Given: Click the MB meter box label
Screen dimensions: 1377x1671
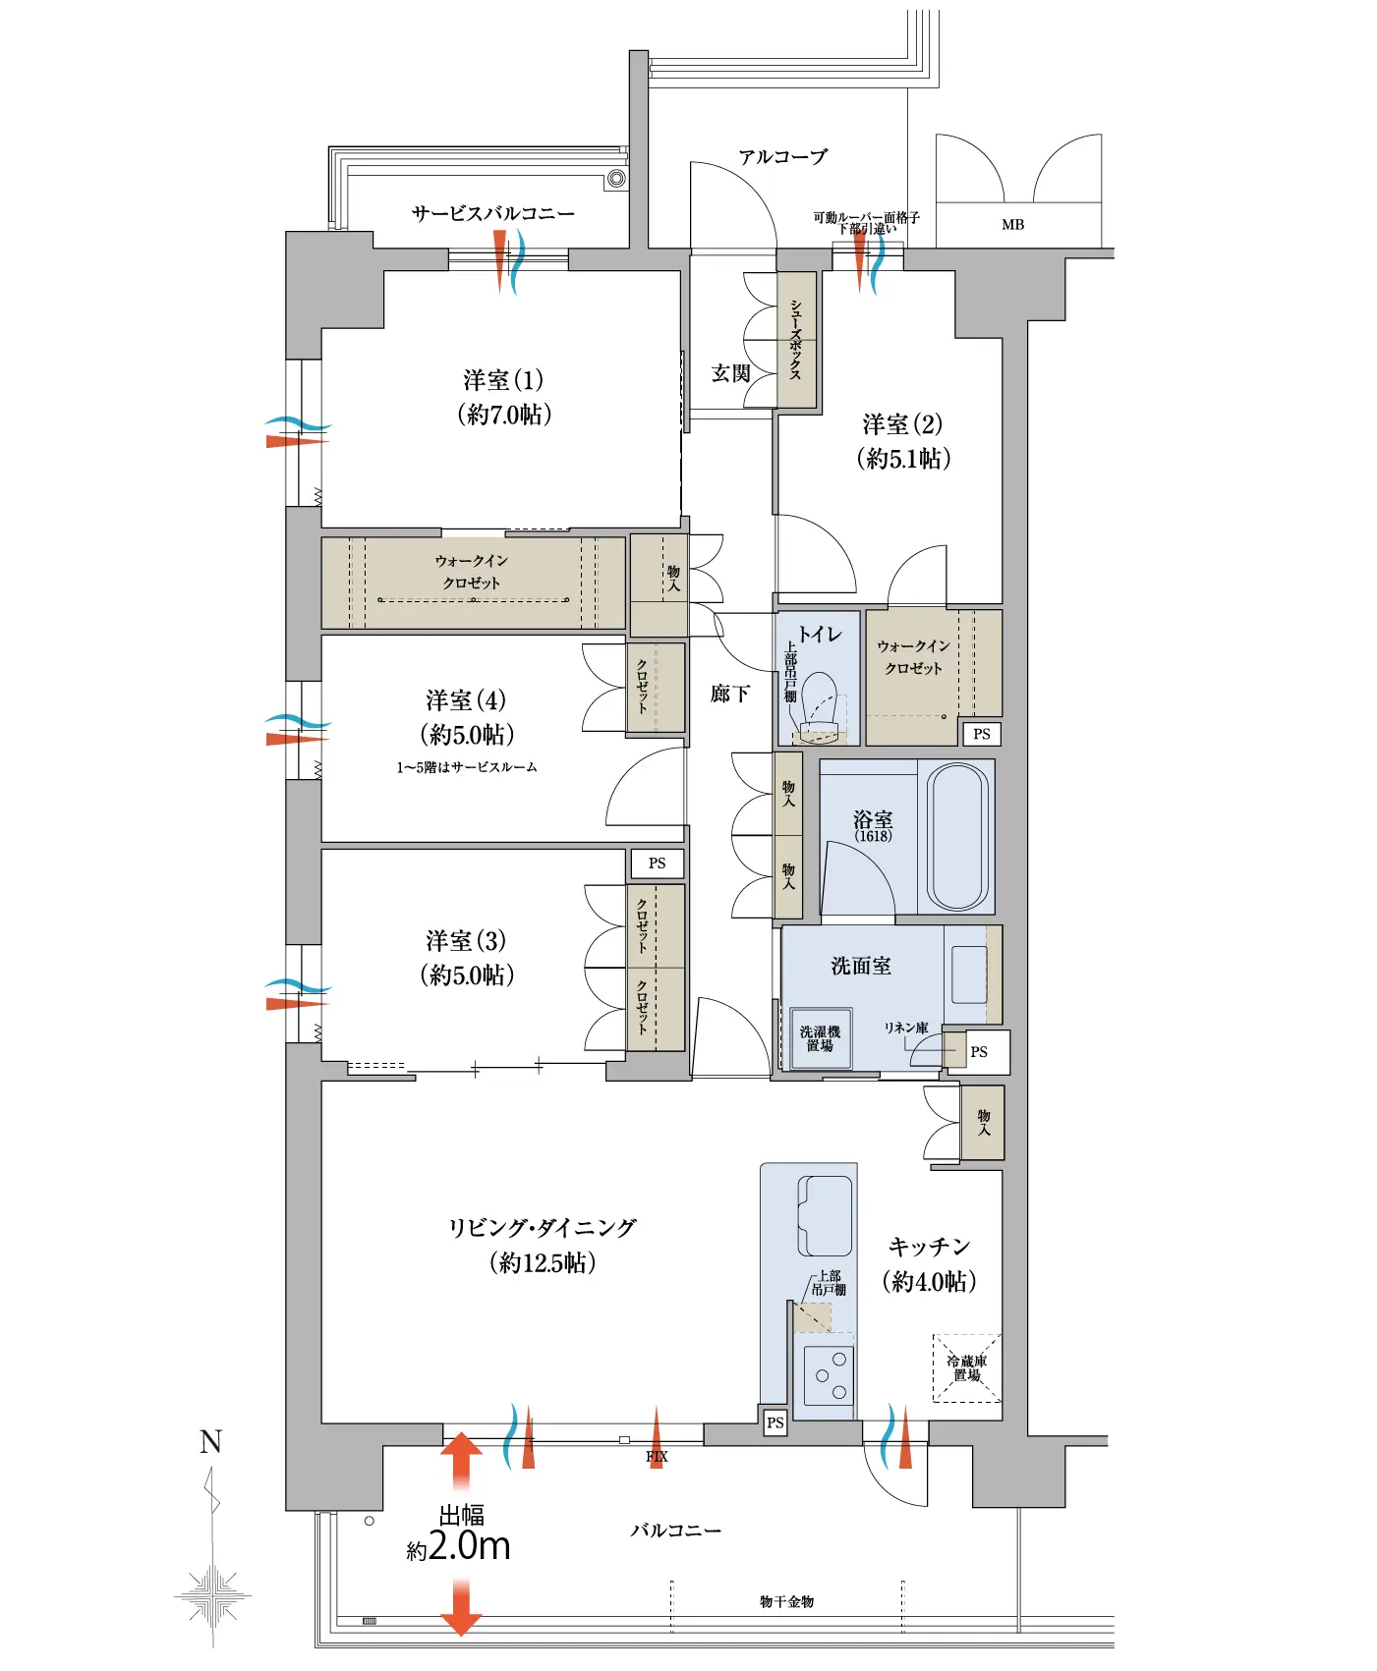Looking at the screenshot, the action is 1012,225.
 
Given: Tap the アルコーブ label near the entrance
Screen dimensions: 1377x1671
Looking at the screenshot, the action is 783,156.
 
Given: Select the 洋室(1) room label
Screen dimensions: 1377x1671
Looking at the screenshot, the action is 503,380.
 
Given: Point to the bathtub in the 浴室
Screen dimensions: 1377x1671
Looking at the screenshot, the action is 957,837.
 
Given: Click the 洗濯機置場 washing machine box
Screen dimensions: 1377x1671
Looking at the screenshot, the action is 820,1038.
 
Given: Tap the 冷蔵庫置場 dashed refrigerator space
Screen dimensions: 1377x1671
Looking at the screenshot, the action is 967,1367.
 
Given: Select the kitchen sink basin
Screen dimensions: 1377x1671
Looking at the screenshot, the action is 825,1215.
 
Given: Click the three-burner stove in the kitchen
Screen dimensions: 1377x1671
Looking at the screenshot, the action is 828,1375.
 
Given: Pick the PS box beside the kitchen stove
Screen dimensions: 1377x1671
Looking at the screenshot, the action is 775,1421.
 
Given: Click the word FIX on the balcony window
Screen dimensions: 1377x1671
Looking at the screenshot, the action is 657,1457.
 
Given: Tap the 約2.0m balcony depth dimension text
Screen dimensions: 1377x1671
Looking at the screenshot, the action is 459,1546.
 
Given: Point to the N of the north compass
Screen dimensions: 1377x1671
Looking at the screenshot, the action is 210,1441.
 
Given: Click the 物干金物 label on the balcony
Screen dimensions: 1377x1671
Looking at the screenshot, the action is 786,1601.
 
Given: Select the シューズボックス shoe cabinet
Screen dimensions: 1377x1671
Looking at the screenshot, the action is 796,340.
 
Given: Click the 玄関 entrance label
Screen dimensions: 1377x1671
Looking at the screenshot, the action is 730,373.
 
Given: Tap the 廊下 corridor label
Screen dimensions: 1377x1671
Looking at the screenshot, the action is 729,694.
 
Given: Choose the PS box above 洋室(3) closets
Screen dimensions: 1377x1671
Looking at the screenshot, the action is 657,863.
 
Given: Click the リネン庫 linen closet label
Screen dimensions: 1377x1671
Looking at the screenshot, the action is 905,1028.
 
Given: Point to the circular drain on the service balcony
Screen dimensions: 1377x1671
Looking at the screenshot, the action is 616,178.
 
